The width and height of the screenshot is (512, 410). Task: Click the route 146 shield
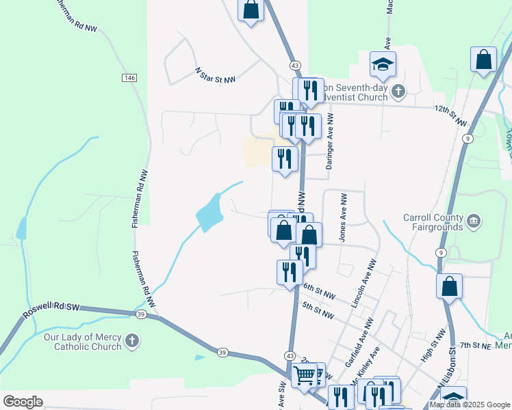tap(129, 77)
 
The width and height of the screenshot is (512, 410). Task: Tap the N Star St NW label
tap(215, 75)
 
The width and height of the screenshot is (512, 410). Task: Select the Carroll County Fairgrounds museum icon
tap(474, 221)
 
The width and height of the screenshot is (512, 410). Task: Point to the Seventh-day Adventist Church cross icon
tap(398, 92)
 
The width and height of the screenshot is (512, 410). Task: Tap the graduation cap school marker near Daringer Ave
tap(383, 65)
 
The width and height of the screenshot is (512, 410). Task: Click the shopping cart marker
tap(305, 375)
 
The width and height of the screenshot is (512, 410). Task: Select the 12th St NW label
tap(450, 115)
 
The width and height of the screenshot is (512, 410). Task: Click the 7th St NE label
tap(476, 346)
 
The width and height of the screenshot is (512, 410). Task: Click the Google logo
tap(23, 402)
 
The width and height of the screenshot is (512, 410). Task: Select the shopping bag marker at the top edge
tap(251, 10)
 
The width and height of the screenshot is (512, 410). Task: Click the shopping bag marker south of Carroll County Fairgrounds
tap(449, 286)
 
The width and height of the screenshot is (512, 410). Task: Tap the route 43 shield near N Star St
tap(295, 65)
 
